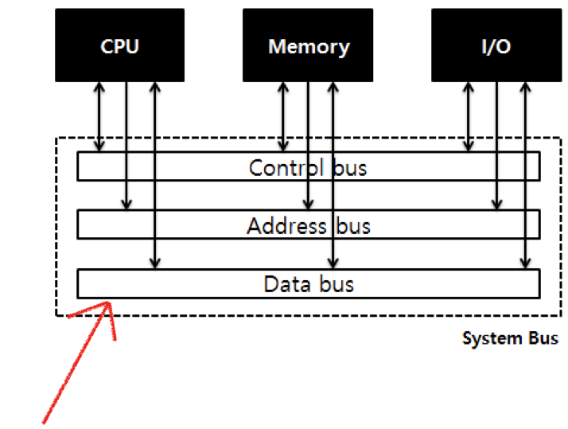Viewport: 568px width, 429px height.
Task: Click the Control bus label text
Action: coord(308,168)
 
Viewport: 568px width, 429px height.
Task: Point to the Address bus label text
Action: coord(308,226)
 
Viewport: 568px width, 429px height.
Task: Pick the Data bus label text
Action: coord(308,284)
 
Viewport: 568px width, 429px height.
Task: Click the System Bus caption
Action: coord(510,338)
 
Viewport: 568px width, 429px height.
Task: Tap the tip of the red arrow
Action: coord(109,303)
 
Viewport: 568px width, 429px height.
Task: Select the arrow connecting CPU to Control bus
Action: coord(99,115)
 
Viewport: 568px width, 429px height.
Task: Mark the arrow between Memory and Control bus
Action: coord(282,115)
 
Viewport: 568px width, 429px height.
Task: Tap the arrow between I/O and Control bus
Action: coord(469,115)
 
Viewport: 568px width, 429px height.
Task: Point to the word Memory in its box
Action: coord(309,46)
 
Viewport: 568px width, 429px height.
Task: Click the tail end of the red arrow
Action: coord(44,422)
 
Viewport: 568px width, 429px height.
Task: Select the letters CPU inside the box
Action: coord(119,46)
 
